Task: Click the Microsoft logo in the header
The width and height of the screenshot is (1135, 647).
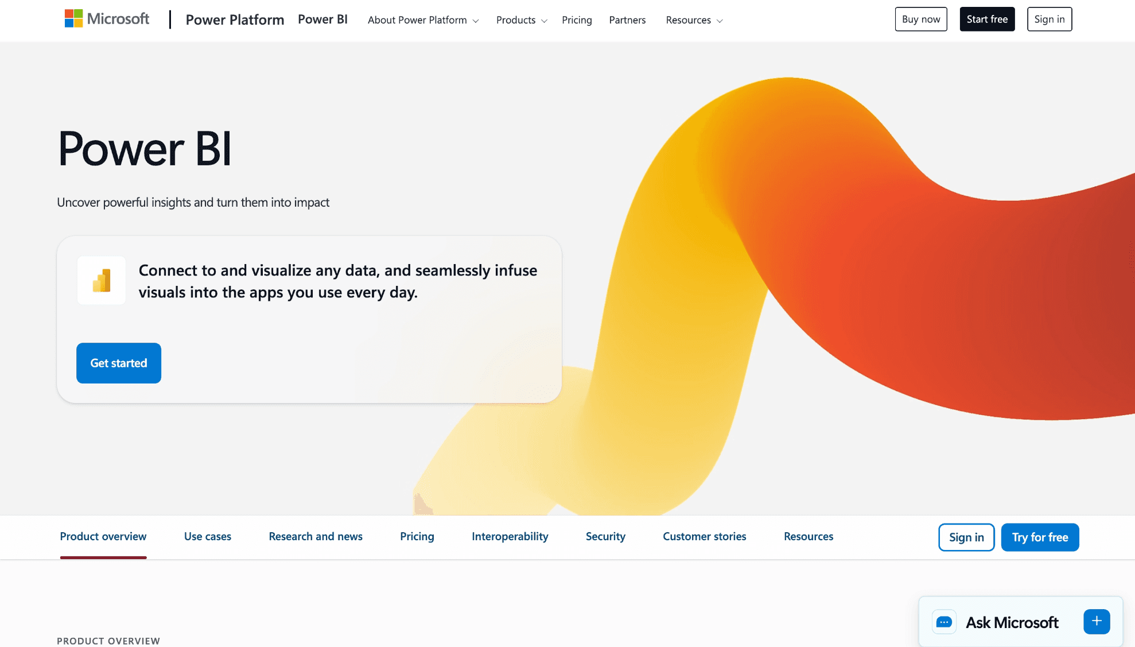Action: tap(107, 19)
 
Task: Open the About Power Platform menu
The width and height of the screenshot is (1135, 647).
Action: tap(423, 20)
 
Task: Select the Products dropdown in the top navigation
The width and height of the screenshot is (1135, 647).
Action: tap(521, 20)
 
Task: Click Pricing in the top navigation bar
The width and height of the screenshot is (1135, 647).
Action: tap(577, 20)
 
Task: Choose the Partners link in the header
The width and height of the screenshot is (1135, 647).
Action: tap(627, 20)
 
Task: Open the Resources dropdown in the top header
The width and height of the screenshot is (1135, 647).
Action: tap(694, 20)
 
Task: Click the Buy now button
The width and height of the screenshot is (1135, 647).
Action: tap(921, 19)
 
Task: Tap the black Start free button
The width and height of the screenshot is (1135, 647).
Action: tap(987, 19)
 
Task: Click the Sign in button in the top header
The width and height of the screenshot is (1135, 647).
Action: tap(1049, 19)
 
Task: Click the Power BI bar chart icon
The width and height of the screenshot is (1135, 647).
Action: tap(102, 281)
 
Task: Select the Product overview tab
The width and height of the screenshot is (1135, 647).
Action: tap(103, 536)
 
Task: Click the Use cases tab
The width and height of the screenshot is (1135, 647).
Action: tap(208, 536)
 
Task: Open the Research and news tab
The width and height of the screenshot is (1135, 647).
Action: tap(316, 536)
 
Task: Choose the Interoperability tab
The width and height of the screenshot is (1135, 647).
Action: tap(510, 536)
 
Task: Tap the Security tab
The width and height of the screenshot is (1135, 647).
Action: tap(605, 536)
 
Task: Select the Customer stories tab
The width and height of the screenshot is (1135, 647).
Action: tap(705, 536)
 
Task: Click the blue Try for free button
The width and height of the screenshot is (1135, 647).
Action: tap(1040, 537)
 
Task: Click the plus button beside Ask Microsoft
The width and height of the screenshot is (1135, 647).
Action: tap(1097, 621)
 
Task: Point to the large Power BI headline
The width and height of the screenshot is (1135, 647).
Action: tap(145, 149)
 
